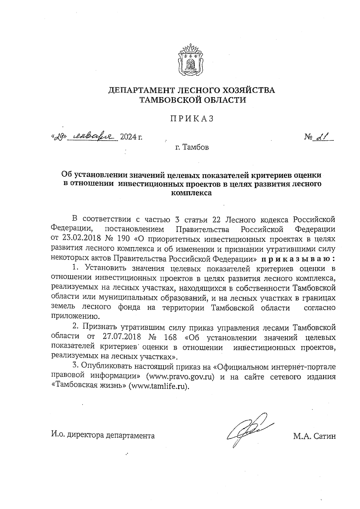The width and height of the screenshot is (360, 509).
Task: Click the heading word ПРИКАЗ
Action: (x=192, y=119)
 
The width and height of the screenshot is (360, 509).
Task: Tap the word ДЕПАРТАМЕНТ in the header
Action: (x=140, y=90)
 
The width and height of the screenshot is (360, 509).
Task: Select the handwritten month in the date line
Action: (x=92, y=137)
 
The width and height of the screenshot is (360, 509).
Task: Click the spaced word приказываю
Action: (x=298, y=258)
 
